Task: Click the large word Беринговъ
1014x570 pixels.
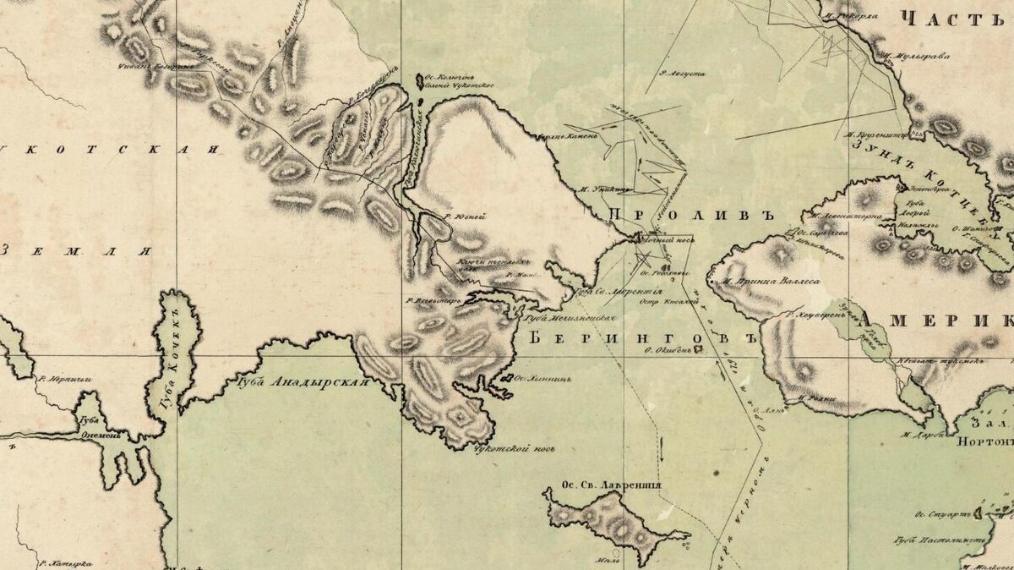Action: (x=641, y=337)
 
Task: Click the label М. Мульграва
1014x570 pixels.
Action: (x=918, y=58)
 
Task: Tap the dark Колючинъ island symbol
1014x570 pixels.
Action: (x=418, y=80)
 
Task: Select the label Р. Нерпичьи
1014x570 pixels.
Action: (x=63, y=379)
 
